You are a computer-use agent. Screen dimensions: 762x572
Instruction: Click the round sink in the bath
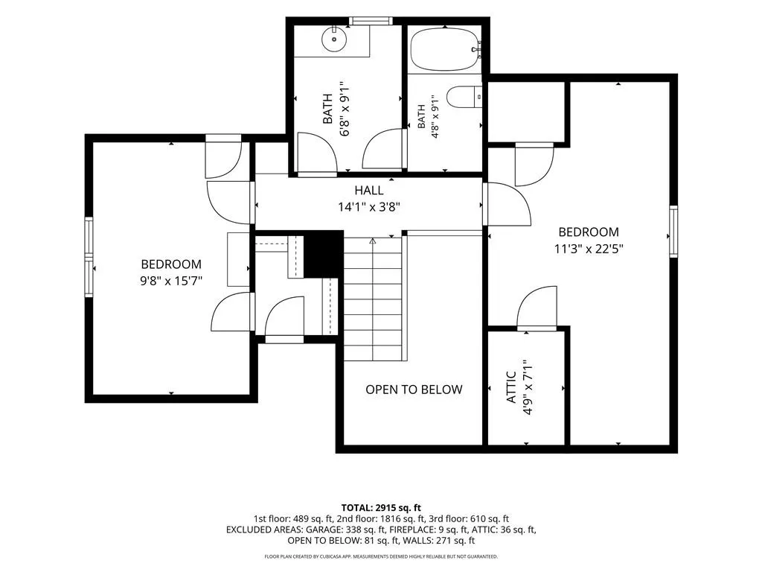(x=334, y=39)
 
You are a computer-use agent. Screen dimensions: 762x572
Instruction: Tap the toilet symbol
(x=464, y=97)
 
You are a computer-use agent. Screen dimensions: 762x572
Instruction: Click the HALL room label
(x=369, y=190)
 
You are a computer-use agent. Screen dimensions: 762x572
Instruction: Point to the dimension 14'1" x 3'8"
(x=369, y=207)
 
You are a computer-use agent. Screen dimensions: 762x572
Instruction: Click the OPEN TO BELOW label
(x=414, y=390)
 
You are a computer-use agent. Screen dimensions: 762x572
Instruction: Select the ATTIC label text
(x=511, y=387)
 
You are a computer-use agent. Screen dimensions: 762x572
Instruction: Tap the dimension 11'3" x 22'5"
(x=589, y=249)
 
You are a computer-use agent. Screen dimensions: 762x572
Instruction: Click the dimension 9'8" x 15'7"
(x=171, y=281)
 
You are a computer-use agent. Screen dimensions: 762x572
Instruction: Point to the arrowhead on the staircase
(x=373, y=241)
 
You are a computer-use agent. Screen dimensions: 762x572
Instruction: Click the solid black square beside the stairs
(x=323, y=254)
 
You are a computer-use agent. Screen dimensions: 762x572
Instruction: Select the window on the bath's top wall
(x=371, y=20)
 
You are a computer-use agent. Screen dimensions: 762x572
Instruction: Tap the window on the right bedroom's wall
(x=673, y=232)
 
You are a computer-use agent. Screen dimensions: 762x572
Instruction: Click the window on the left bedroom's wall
(x=89, y=257)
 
